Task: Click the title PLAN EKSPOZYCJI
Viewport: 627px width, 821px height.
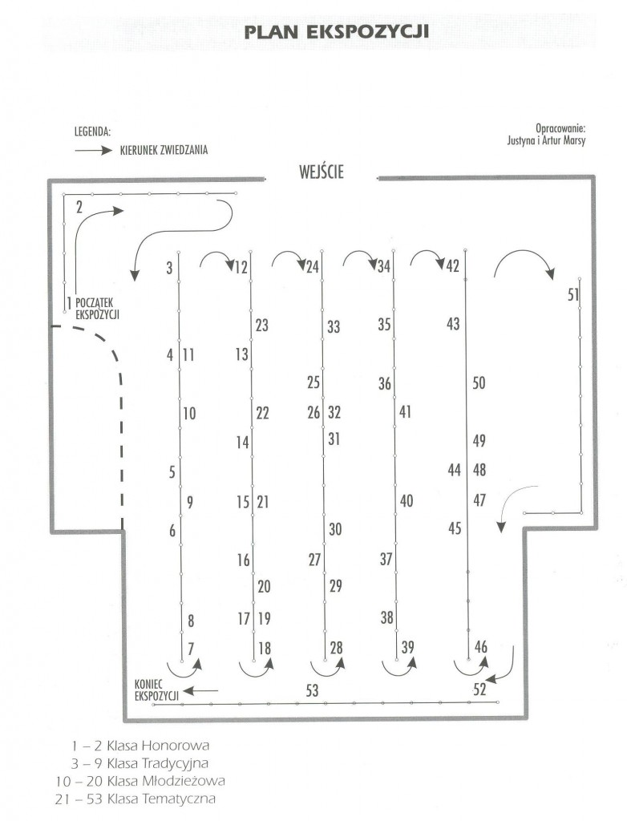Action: pyautogui.click(x=336, y=31)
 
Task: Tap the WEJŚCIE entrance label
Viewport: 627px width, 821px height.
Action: pyautogui.click(x=321, y=172)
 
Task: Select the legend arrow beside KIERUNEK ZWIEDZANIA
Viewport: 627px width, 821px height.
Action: pyautogui.click(x=93, y=151)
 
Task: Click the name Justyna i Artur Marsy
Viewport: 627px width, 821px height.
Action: pyautogui.click(x=546, y=140)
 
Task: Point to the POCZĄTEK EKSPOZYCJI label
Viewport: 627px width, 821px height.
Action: pyautogui.click(x=98, y=309)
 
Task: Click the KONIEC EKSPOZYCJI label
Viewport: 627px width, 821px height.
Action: pyautogui.click(x=156, y=690)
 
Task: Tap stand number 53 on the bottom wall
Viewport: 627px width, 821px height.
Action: pyautogui.click(x=312, y=690)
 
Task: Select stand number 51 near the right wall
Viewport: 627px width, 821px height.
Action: pyautogui.click(x=573, y=294)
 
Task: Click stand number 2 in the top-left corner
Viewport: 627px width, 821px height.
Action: pyautogui.click(x=79, y=207)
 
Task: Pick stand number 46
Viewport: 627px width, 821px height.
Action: pyautogui.click(x=481, y=647)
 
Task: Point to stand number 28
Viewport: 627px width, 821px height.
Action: pyautogui.click(x=336, y=648)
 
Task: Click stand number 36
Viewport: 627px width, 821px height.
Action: pyautogui.click(x=385, y=384)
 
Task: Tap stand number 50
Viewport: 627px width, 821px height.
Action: pyautogui.click(x=479, y=382)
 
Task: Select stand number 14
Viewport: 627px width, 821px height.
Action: pyautogui.click(x=242, y=443)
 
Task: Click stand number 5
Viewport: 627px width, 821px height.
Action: pyautogui.click(x=172, y=471)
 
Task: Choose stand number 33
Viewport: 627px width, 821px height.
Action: pyautogui.click(x=334, y=327)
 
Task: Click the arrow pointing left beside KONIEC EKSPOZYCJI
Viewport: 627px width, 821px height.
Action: pyautogui.click(x=200, y=691)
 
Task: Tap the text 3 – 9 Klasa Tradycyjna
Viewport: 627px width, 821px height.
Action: pyautogui.click(x=140, y=763)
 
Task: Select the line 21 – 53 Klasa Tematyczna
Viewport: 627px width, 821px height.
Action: pyautogui.click(x=136, y=799)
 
